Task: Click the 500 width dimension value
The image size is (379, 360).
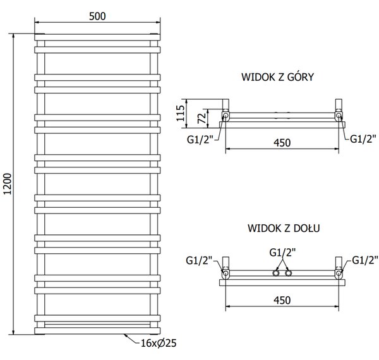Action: click(x=97, y=16)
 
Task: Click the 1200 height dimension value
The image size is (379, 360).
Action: click(x=8, y=184)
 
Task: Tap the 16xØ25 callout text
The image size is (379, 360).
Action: click(x=159, y=343)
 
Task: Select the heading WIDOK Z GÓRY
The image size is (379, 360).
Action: click(x=277, y=77)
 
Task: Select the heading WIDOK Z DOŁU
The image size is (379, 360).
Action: click(x=284, y=228)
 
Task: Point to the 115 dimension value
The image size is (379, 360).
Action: click(x=180, y=113)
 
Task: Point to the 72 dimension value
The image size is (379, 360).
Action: click(x=202, y=118)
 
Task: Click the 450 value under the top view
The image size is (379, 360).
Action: click(x=282, y=143)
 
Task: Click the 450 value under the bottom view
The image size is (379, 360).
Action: click(x=282, y=301)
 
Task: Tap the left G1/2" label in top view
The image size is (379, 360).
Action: click(x=200, y=140)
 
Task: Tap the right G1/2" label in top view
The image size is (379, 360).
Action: click(x=363, y=139)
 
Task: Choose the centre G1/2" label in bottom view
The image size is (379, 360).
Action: click(x=282, y=253)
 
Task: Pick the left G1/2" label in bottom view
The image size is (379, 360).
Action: click(x=199, y=261)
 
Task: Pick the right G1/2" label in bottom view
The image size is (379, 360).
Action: click(x=365, y=260)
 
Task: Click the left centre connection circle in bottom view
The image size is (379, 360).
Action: click(x=276, y=273)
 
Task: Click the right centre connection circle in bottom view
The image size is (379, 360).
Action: click(x=289, y=273)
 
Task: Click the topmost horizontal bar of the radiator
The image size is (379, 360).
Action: click(x=97, y=37)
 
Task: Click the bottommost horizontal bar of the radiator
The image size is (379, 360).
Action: click(x=97, y=331)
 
